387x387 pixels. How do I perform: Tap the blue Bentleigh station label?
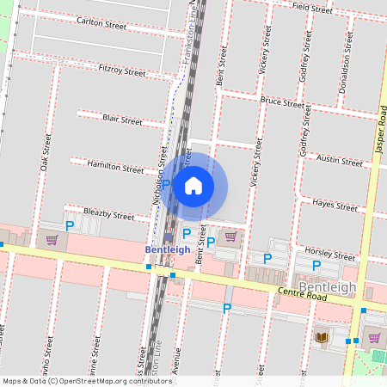pyautogui.click(x=167, y=249)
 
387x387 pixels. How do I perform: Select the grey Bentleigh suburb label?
pyautogui.click(x=326, y=286)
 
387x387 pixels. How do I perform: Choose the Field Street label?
pyautogui.click(x=312, y=9)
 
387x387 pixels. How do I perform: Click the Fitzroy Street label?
pyautogui.click(x=122, y=71)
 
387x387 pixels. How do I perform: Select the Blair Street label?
pyautogui.click(x=121, y=121)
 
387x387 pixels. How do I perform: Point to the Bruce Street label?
pyautogui.click(x=283, y=102)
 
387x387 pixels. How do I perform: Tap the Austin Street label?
pyautogui.click(x=340, y=161)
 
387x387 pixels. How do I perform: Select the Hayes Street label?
pyautogui.click(x=335, y=206)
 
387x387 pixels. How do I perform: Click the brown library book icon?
pyautogui.click(x=322, y=337)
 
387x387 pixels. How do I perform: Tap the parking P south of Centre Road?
pyautogui.click(x=227, y=308)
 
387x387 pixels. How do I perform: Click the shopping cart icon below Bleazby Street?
pyautogui.click(x=52, y=240)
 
